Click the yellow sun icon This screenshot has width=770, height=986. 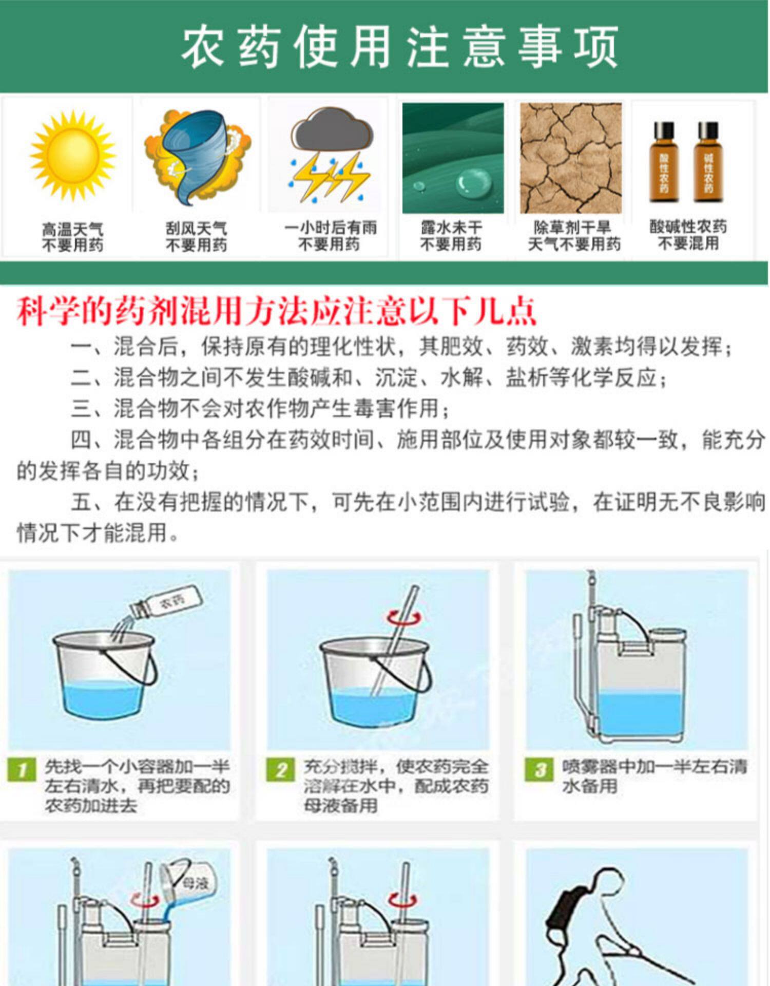(72, 155)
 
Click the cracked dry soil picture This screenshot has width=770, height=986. (571, 158)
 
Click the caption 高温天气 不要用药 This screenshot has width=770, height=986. (72, 237)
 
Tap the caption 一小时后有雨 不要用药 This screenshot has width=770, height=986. (330, 236)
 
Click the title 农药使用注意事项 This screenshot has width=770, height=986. (400, 47)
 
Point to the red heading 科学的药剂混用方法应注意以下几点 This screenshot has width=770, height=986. (277, 311)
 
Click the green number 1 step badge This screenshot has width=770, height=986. (22, 770)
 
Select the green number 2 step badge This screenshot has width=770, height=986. (280, 770)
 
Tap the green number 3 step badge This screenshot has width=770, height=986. (539, 770)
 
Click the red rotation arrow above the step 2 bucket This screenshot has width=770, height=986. (405, 618)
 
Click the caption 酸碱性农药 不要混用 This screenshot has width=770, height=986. (688, 235)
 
